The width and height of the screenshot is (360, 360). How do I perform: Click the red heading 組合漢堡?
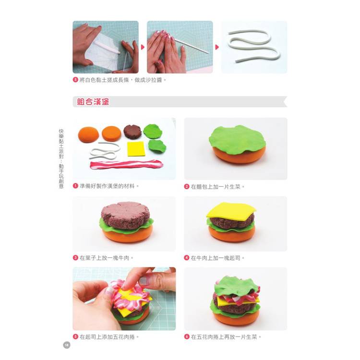tap(93, 101)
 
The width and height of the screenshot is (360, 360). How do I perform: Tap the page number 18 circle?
tap(67, 345)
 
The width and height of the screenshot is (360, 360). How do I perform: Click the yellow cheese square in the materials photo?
tap(136, 149)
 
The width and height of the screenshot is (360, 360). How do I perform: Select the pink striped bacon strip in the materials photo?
tap(126, 165)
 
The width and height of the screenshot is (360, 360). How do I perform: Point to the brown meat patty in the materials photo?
tap(132, 132)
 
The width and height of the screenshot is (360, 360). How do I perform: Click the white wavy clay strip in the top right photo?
tap(254, 46)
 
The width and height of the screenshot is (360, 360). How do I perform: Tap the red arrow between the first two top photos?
tap(143, 47)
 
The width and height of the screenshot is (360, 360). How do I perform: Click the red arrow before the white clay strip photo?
tap(217, 47)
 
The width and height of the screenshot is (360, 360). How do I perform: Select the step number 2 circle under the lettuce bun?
tap(187, 186)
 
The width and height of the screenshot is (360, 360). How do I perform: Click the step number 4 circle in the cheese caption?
tap(187, 258)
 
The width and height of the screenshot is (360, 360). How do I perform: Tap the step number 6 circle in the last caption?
tap(187, 336)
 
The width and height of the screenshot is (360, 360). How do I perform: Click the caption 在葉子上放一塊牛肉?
tap(105, 258)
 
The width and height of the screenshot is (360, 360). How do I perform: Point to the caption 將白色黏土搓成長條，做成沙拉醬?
tap(121, 80)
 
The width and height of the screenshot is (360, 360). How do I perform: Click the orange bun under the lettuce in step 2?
tap(239, 156)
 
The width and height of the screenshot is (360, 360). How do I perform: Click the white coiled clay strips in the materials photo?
tap(105, 151)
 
